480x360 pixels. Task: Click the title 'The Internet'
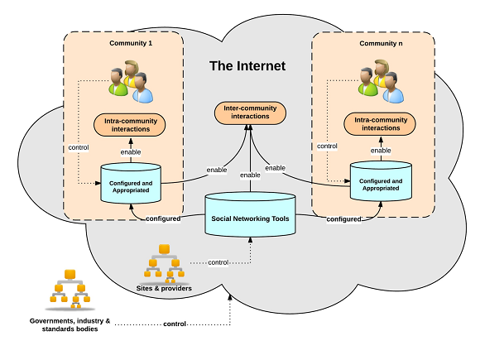[247, 66]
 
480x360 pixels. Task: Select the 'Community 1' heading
[131, 43]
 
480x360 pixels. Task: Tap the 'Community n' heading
[381, 44]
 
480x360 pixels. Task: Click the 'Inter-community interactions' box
[250, 113]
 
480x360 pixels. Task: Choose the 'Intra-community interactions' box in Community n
[380, 124]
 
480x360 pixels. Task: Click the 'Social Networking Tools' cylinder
[250, 215]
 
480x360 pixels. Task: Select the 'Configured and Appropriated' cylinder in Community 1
[131, 183]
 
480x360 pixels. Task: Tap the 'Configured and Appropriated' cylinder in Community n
[381, 181]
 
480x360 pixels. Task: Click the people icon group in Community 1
[131, 81]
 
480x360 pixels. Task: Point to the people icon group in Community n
[382, 81]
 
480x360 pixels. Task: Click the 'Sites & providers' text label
[164, 288]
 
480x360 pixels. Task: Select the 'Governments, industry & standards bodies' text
[70, 324]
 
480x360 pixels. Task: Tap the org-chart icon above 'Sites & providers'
[165, 263]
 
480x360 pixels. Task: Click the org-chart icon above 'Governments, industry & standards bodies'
[70, 289]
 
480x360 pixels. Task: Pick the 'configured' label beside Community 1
[163, 218]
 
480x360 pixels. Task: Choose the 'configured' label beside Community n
[343, 219]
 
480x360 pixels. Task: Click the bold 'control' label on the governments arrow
[175, 324]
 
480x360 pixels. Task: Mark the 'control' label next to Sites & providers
[218, 262]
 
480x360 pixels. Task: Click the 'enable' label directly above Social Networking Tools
[250, 175]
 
